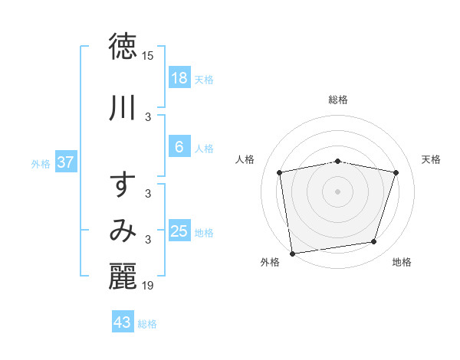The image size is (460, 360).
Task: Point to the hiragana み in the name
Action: [x=123, y=231]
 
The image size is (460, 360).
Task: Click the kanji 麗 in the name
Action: [x=123, y=277]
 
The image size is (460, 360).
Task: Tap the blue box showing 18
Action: [x=179, y=78]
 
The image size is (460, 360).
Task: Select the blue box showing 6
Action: [x=179, y=147]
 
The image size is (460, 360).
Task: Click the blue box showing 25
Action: [x=179, y=231]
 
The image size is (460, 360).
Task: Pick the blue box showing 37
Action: [x=66, y=162]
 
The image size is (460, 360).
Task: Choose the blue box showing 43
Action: [x=122, y=322]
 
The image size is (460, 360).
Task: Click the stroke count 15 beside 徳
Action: [x=148, y=56]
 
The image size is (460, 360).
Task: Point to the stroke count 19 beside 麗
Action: [x=148, y=286]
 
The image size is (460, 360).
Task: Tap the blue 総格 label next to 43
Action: [x=147, y=324]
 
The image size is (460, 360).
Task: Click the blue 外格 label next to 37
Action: [x=41, y=163]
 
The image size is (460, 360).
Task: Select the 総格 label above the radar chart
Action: [x=338, y=100]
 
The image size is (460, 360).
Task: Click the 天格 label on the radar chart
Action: [x=432, y=159]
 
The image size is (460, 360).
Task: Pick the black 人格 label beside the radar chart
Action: [x=245, y=159]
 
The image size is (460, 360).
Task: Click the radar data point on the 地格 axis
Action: [x=374, y=242]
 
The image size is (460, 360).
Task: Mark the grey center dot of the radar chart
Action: [x=338, y=191]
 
